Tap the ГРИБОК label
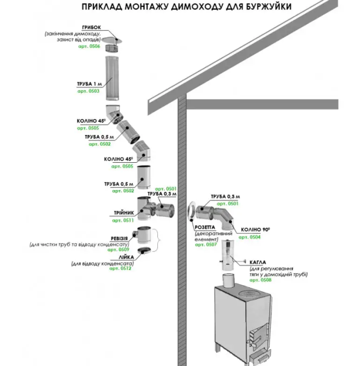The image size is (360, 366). click(x=92, y=27)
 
